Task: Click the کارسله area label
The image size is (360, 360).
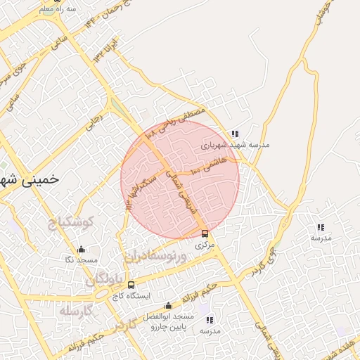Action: click(x=77, y=310)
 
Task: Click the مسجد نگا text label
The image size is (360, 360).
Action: click(x=81, y=260)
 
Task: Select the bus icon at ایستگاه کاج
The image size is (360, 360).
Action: click(x=131, y=285)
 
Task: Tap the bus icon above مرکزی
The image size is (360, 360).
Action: click(x=205, y=233)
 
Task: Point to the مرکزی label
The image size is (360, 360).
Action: click(x=204, y=245)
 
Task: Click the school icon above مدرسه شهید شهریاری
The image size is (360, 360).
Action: click(x=235, y=134)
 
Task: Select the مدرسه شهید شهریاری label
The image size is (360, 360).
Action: click(x=235, y=145)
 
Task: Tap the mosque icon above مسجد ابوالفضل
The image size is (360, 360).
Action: click(x=168, y=305)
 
